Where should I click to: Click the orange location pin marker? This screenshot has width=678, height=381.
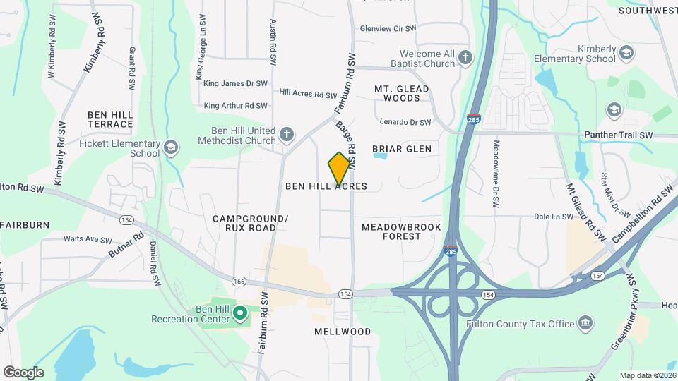click(340, 168)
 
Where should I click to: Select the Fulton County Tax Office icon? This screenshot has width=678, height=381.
click(585, 324)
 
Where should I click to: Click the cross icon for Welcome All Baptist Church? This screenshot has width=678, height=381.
click(465, 58)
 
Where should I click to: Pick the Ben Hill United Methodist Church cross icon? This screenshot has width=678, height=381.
click(286, 134)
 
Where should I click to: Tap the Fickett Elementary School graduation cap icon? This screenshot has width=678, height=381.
click(170, 147)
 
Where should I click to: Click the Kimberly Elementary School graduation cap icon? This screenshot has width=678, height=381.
click(626, 53)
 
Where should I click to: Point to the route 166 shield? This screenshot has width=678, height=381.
click(239, 282)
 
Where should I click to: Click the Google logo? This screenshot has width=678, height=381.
click(23, 372)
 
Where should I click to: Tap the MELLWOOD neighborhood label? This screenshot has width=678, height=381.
click(343, 331)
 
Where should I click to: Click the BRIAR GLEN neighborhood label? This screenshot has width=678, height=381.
click(402, 149)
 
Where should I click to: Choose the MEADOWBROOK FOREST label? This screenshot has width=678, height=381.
click(401, 231)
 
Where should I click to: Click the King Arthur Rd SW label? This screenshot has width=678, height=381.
click(235, 106)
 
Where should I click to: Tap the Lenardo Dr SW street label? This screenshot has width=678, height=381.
click(405, 122)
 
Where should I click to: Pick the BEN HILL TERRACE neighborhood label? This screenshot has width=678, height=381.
click(110, 119)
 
